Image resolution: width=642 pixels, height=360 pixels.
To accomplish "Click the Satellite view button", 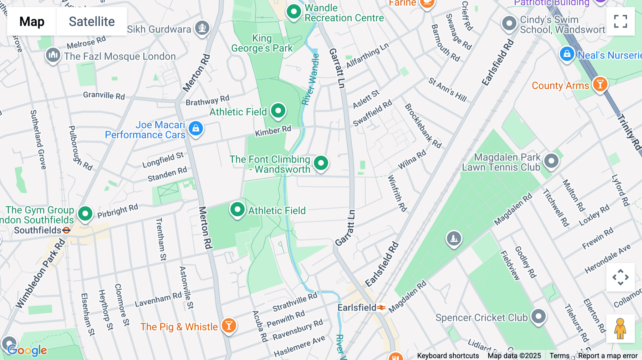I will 92,21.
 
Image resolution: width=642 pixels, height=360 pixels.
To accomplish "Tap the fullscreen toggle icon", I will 620,21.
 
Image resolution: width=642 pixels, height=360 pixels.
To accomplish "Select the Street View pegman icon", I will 620,328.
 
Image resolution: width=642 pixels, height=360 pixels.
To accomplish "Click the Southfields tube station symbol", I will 66,230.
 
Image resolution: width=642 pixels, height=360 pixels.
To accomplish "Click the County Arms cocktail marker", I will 600,84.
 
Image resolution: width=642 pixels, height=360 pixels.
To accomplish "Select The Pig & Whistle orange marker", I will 229,325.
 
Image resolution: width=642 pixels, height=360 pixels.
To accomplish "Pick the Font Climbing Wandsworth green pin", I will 321,163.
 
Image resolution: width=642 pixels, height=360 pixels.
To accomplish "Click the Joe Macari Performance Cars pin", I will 196,128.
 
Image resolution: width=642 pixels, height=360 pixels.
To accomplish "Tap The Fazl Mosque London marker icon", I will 53,55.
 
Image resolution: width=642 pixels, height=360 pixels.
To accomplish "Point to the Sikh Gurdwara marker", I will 202,27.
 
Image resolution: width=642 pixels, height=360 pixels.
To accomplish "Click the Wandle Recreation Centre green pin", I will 294,12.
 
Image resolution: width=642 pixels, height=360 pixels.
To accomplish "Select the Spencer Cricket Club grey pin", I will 538,316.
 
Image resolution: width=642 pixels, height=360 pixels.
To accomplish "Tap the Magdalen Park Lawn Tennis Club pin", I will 551,161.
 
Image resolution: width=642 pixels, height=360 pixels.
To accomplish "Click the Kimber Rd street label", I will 273,131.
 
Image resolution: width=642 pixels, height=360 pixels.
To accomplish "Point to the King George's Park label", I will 262,43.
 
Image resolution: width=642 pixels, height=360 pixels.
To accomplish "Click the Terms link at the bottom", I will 559,355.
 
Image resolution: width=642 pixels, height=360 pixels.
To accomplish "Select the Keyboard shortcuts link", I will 448,355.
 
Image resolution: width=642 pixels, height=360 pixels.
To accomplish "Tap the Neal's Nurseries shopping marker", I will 567,54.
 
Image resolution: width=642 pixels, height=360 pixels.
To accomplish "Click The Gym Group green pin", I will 85,214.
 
